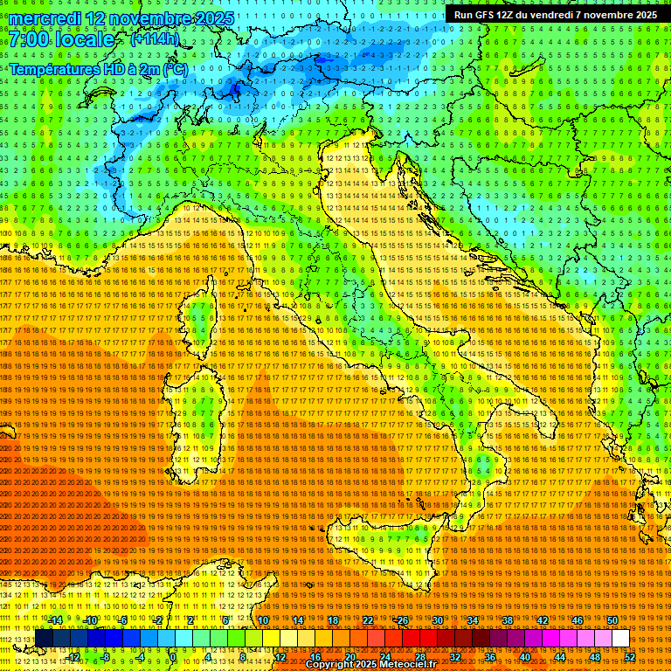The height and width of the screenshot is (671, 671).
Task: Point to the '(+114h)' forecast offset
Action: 154,39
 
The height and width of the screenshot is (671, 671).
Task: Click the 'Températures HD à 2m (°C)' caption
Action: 98,68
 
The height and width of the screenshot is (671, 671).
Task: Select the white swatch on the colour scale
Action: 619,639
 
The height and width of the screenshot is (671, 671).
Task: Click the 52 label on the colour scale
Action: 628,656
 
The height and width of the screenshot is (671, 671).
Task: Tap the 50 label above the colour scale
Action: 612,620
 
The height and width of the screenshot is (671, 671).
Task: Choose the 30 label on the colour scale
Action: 438,620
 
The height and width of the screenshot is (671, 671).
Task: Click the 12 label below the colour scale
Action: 280,656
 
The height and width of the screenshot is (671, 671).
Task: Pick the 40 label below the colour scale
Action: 524,656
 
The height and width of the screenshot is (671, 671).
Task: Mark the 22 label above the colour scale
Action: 368,620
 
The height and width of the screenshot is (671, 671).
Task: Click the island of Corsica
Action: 200,319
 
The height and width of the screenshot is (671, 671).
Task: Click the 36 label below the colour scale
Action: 489,656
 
